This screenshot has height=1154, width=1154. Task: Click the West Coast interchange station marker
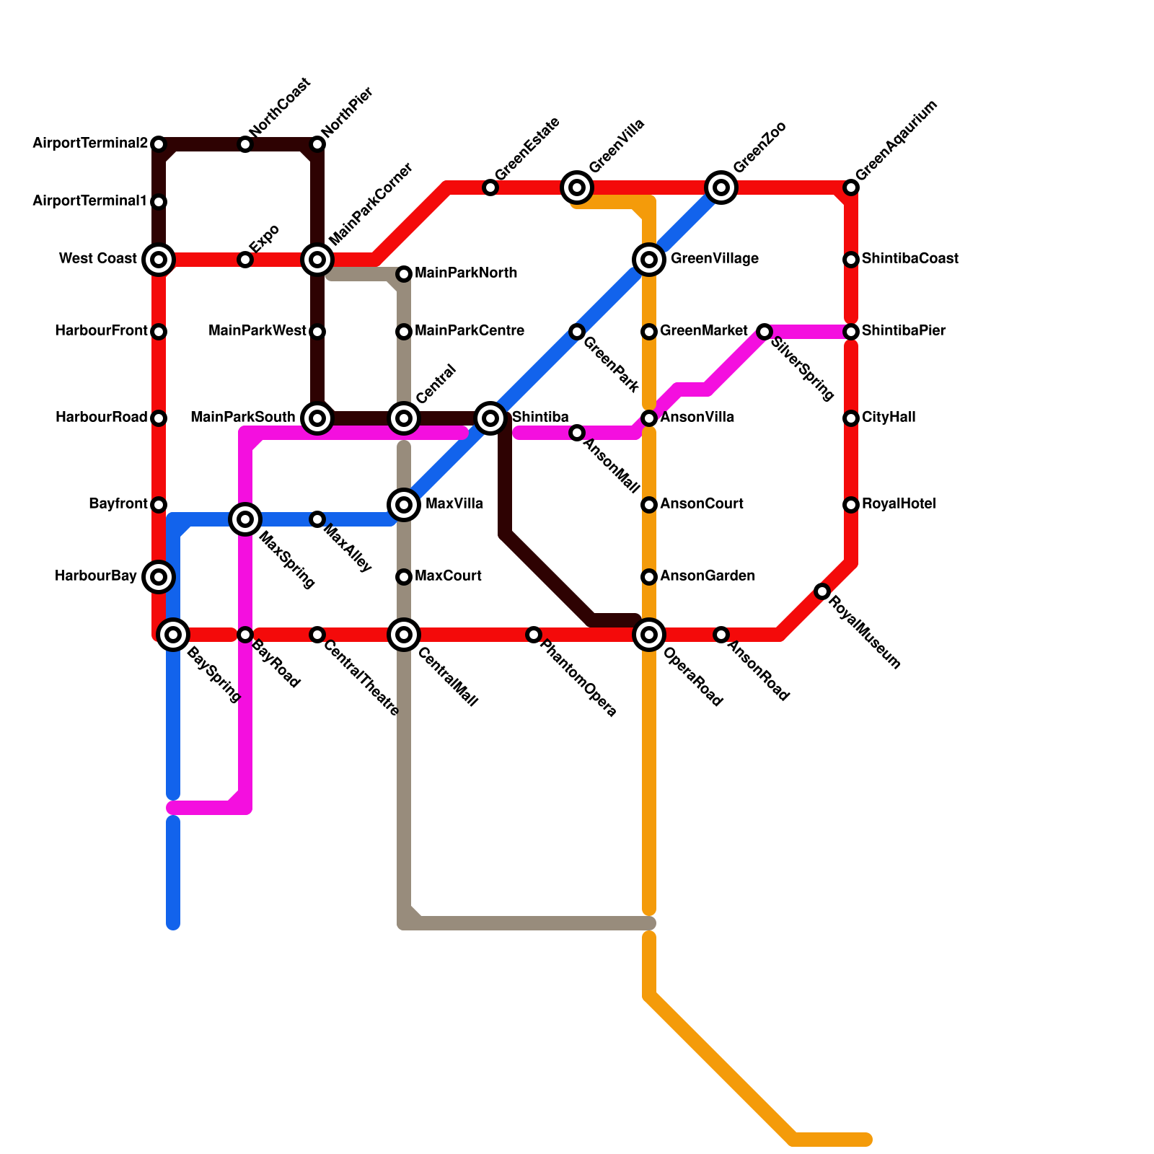tap(159, 259)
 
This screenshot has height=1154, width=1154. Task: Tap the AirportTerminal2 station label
tap(90, 144)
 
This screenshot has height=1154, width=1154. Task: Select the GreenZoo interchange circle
tap(721, 188)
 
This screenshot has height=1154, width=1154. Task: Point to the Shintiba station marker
tap(490, 418)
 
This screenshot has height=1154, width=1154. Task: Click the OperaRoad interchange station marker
tap(649, 635)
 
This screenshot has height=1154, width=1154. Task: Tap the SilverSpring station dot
tap(765, 332)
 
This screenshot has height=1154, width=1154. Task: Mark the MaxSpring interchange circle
tap(245, 519)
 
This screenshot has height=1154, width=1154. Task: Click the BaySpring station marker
tap(173, 635)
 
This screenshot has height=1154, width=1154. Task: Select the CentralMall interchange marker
tap(404, 635)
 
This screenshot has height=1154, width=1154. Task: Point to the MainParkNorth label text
tap(466, 273)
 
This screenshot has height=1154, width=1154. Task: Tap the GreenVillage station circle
tap(649, 259)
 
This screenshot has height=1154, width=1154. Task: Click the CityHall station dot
tap(851, 418)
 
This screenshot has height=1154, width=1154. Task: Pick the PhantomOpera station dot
tap(534, 635)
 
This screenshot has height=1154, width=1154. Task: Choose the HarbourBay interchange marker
tap(159, 576)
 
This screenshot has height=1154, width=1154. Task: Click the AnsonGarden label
tap(708, 576)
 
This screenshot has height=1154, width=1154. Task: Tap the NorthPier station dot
tap(317, 144)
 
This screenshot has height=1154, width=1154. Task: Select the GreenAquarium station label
tap(897, 141)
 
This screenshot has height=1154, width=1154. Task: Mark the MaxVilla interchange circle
tap(404, 504)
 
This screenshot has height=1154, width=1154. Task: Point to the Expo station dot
tap(245, 260)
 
